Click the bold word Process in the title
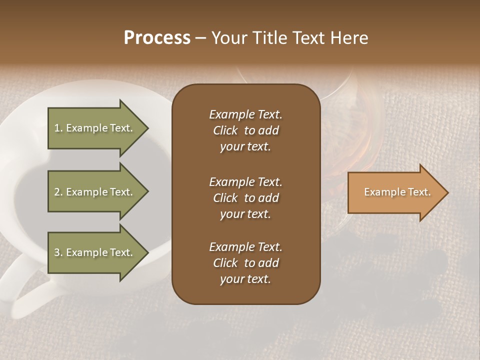click(x=157, y=38)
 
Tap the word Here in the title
click(x=349, y=38)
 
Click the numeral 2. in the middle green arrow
click(x=58, y=192)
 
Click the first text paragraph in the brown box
click(x=245, y=130)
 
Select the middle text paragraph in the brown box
click(x=245, y=197)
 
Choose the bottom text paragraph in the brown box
click(x=245, y=263)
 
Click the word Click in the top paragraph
click(x=225, y=130)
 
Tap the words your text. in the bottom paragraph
click(x=245, y=279)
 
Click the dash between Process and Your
click(x=200, y=38)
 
